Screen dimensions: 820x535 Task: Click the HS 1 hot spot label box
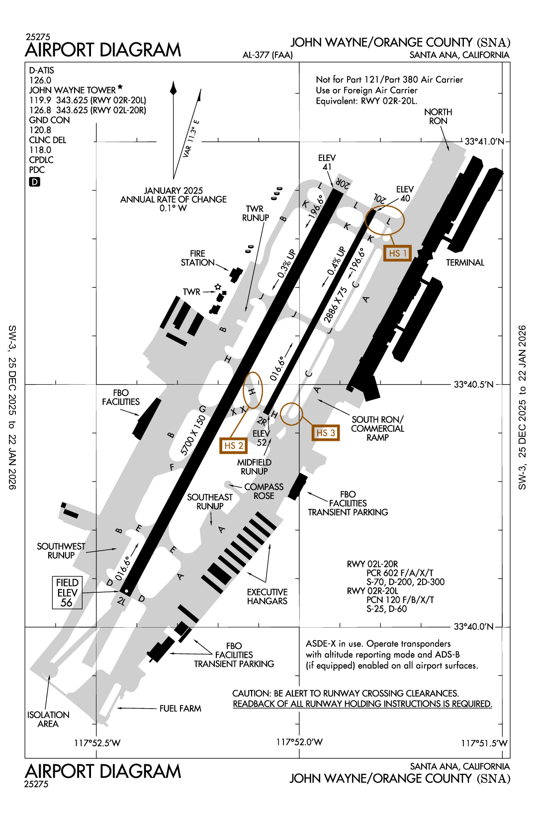click(397, 253)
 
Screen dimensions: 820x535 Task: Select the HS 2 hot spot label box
click(233, 445)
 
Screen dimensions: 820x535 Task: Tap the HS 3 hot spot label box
click(325, 432)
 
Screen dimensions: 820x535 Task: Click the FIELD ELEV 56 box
click(67, 592)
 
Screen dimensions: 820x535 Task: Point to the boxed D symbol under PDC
click(34, 182)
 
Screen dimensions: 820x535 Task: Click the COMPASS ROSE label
click(264, 491)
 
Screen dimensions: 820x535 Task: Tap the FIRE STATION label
click(197, 258)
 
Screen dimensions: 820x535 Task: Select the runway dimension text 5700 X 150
click(193, 435)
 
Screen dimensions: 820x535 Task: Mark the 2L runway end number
click(121, 601)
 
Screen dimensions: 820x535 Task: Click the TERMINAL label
click(465, 262)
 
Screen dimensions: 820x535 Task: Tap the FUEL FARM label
click(180, 708)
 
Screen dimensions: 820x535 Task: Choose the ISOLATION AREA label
click(48, 719)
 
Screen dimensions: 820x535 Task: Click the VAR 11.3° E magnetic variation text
click(191, 138)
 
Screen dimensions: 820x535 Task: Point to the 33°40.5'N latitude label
click(473, 384)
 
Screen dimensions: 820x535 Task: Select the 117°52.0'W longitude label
click(299, 742)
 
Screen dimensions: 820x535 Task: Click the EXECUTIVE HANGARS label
click(267, 596)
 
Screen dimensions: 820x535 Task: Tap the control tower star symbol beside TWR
click(217, 287)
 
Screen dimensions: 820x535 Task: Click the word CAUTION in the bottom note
click(251, 693)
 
